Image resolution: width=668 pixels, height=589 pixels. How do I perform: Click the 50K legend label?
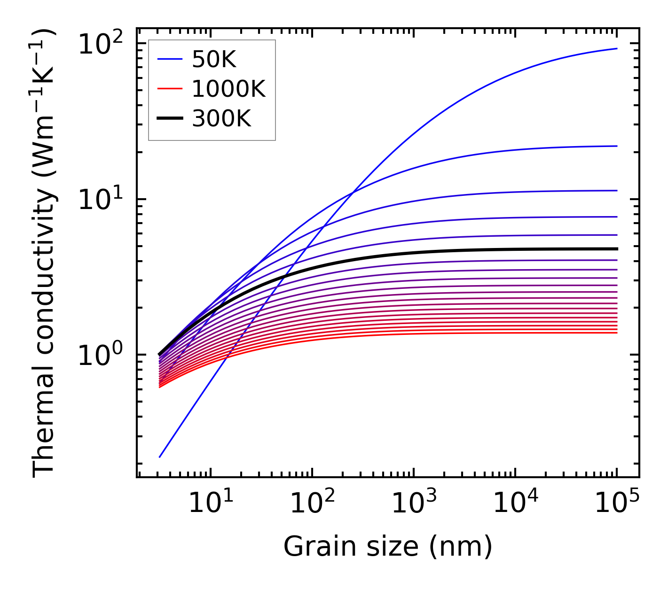tap(213, 60)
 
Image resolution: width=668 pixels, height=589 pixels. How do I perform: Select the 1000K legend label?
tap(228, 89)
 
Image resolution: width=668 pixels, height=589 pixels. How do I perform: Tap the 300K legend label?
tap(221, 119)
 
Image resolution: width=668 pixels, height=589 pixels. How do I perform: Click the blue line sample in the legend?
tap(170, 60)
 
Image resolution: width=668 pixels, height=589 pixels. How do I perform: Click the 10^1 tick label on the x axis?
tap(210, 504)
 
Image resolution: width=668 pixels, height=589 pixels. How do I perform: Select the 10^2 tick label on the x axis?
tap(312, 504)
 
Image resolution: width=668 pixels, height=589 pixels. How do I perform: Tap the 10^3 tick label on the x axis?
tap(413, 504)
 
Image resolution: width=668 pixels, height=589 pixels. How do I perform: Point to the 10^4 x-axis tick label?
tap(515, 504)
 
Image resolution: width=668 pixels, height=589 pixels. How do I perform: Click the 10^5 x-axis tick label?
tap(616, 504)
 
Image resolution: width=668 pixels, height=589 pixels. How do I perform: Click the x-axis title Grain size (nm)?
tap(388, 547)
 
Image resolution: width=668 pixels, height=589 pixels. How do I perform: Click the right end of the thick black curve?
tap(616, 249)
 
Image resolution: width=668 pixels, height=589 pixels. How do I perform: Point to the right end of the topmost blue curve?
tap(616, 48)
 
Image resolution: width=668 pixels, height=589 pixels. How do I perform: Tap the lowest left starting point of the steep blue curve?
tap(160, 457)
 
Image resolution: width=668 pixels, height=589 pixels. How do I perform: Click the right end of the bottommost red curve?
tap(616, 333)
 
